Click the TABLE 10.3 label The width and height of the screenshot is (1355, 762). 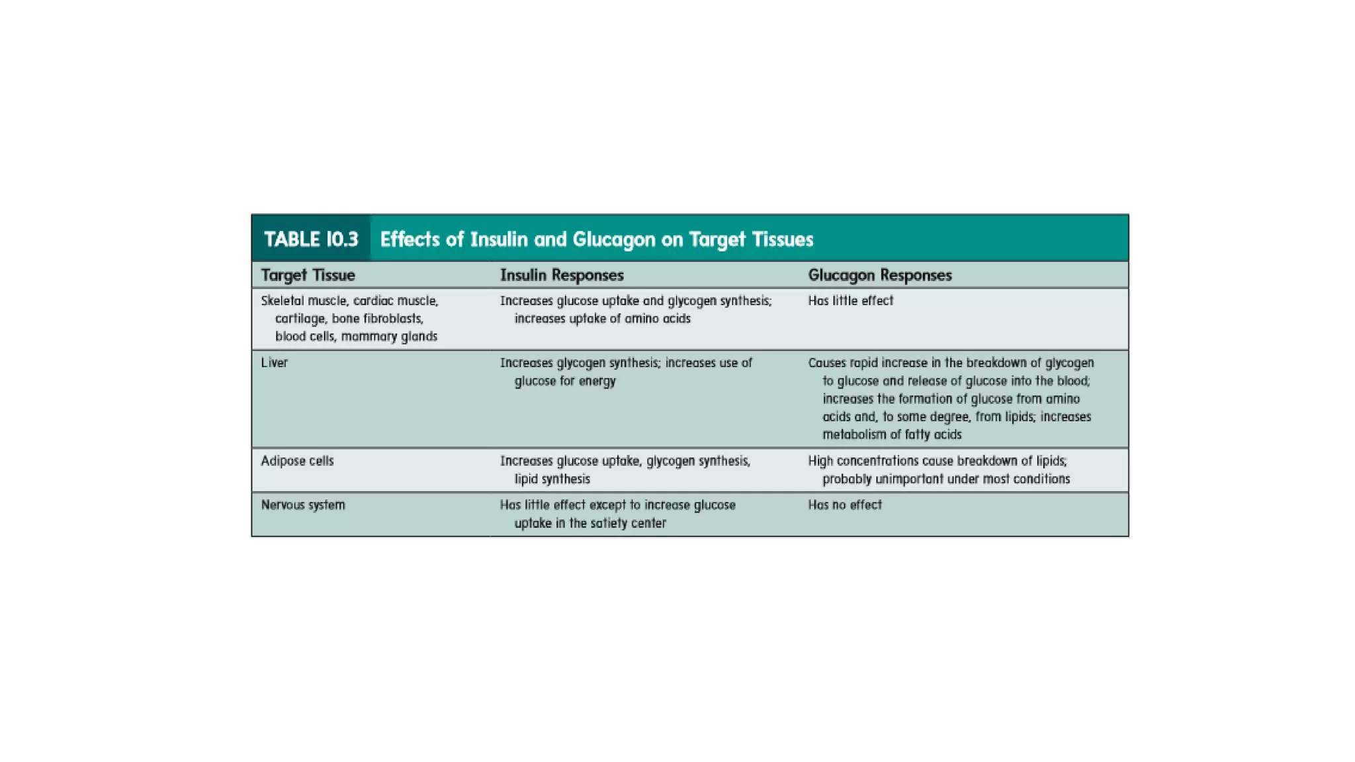pos(311,239)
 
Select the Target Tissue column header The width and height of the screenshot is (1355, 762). pos(308,275)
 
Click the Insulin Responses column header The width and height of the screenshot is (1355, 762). pos(562,275)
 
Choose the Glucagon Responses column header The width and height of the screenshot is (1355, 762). pos(879,275)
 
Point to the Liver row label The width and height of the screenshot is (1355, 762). pos(274,362)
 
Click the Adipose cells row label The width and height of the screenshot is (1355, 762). pos(297,461)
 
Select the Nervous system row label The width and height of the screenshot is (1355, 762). pos(303,505)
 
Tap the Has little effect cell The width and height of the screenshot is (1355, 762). pos(850,301)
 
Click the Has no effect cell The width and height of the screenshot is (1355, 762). pos(845,505)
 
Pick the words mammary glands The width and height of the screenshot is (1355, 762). pos(389,337)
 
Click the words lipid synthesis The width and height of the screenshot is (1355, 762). pos(552,479)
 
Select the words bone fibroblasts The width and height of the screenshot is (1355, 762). pos(377,319)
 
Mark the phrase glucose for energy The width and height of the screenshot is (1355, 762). pos(565,381)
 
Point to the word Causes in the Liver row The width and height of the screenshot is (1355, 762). pos(827,363)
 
